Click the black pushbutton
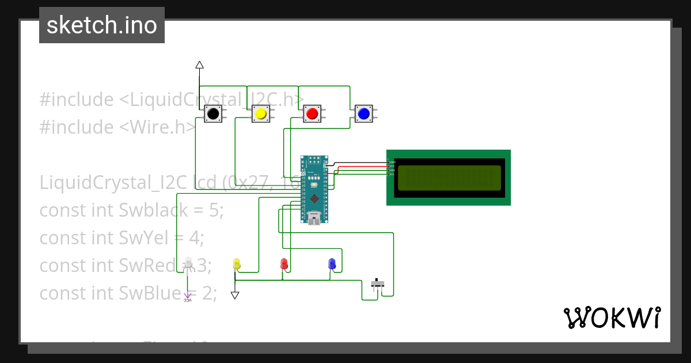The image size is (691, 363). point(213,114)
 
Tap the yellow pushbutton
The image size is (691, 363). point(260,114)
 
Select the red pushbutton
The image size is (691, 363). point(312,114)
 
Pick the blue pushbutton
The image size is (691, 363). point(363,114)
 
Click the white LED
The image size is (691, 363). point(188,262)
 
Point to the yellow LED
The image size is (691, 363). point(236,264)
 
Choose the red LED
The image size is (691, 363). point(283,264)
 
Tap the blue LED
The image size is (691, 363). point(331,264)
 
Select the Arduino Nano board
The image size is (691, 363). point(314,189)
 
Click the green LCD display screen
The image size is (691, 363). point(449,177)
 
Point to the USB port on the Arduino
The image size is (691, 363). point(314,218)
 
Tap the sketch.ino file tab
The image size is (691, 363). point(102,25)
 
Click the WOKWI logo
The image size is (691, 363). point(612,317)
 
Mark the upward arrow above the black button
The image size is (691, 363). point(199,65)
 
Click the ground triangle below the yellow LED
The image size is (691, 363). point(235,295)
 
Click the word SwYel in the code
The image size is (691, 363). point(144,237)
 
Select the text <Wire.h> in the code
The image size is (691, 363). point(158,127)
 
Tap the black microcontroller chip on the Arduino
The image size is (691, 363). point(314,199)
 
